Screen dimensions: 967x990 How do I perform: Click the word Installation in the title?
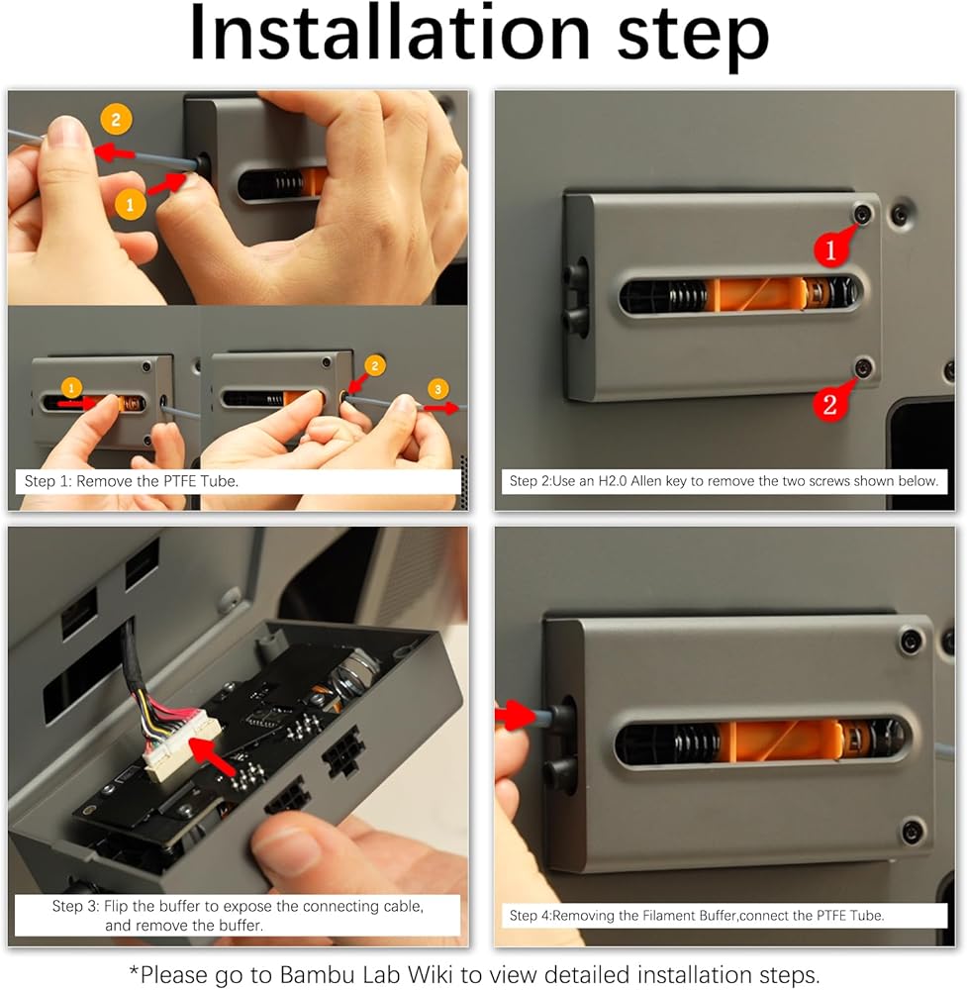(389, 33)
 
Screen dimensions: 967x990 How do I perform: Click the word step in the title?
(693, 38)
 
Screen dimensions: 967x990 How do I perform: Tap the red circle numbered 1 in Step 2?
(830, 250)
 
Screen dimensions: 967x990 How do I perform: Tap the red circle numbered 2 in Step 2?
(830, 404)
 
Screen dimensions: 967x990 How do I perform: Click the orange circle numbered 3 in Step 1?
(438, 389)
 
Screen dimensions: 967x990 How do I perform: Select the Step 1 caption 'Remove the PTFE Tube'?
(157, 481)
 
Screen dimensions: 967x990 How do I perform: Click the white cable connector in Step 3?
(182, 745)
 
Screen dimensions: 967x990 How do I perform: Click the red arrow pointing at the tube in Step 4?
(516, 716)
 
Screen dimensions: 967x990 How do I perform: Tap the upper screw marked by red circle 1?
(863, 214)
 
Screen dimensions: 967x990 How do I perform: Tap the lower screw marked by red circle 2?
(863, 367)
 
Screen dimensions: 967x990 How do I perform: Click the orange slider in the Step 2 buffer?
(756, 294)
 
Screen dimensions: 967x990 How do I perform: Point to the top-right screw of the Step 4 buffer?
(911, 641)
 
